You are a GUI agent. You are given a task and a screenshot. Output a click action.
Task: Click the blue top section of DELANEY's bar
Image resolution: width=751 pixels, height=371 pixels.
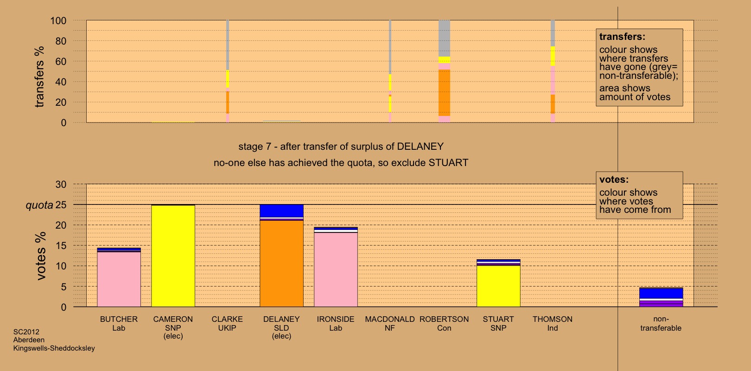pos(281,211)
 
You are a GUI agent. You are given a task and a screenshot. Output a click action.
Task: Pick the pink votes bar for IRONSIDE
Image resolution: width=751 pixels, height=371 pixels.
pos(336,269)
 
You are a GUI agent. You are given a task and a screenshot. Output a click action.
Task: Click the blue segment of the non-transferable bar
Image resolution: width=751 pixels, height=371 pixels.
pos(661,293)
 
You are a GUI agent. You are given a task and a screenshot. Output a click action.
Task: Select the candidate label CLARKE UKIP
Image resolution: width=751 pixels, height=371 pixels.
pos(227,324)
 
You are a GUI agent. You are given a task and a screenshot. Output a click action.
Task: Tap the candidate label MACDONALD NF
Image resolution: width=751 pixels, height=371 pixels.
pos(389,324)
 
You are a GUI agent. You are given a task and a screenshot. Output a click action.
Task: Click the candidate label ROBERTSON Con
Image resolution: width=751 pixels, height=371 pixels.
pos(444,324)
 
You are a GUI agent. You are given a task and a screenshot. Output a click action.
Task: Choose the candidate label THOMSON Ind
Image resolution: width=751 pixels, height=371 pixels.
pos(552,324)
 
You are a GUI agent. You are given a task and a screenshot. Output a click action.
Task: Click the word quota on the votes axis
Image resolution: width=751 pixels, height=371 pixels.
pos(39,205)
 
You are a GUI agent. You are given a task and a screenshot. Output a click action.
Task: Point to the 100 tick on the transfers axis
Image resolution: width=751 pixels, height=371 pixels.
pos(58,21)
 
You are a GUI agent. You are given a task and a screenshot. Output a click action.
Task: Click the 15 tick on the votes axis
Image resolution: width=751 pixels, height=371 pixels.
pos(61,246)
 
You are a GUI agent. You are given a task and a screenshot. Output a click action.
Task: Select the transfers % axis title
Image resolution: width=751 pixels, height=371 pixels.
pos(39,77)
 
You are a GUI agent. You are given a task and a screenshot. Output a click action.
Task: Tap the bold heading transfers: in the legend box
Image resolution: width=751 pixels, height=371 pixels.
pos(622,37)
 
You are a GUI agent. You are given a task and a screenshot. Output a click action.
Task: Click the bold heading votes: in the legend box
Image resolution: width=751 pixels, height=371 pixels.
pos(614,179)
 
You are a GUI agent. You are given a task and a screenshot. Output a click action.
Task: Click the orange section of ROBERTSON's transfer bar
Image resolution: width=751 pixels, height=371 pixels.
pos(444,93)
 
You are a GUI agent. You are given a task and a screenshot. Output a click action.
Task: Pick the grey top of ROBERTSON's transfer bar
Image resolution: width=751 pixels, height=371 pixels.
pos(444,38)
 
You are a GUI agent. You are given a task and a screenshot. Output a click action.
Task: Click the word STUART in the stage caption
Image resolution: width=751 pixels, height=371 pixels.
pos(448,163)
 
